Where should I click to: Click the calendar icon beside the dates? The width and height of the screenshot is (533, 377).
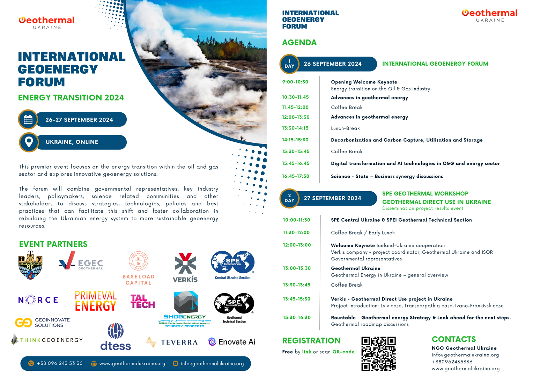(28, 119)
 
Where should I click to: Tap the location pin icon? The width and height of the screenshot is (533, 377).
(29, 142)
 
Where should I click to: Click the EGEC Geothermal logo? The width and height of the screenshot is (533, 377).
(81, 261)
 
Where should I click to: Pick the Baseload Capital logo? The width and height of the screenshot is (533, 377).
(139, 268)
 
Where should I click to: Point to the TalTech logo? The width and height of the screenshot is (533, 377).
(142, 302)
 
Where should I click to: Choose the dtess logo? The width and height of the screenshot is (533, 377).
(116, 337)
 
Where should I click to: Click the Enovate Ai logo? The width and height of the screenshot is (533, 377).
(232, 342)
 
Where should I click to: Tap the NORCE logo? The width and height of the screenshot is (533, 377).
(38, 300)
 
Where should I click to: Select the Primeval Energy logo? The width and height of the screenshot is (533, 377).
(96, 301)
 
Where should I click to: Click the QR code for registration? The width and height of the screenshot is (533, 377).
(378, 353)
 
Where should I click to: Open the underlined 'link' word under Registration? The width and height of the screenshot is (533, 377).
(307, 352)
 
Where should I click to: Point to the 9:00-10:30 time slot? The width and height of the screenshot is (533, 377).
(295, 82)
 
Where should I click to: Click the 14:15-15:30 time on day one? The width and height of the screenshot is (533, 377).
(295, 140)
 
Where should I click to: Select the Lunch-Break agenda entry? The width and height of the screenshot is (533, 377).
(345, 128)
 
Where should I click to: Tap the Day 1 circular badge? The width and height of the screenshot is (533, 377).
(289, 64)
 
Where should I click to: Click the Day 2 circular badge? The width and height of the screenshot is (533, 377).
(289, 198)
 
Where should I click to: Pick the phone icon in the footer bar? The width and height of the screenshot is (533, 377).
(31, 363)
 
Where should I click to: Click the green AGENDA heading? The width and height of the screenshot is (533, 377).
(299, 43)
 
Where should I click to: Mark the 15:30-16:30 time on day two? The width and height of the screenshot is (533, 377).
(297, 318)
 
